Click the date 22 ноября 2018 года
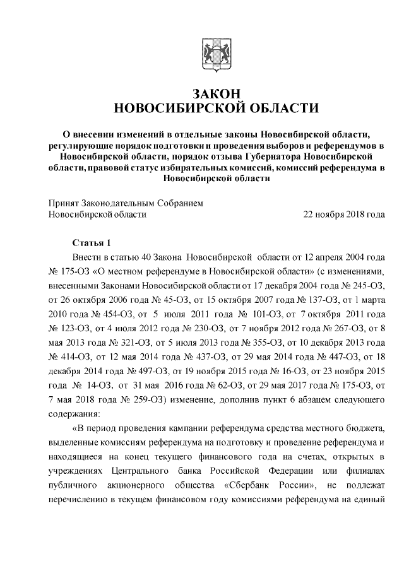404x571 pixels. click(x=344, y=215)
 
